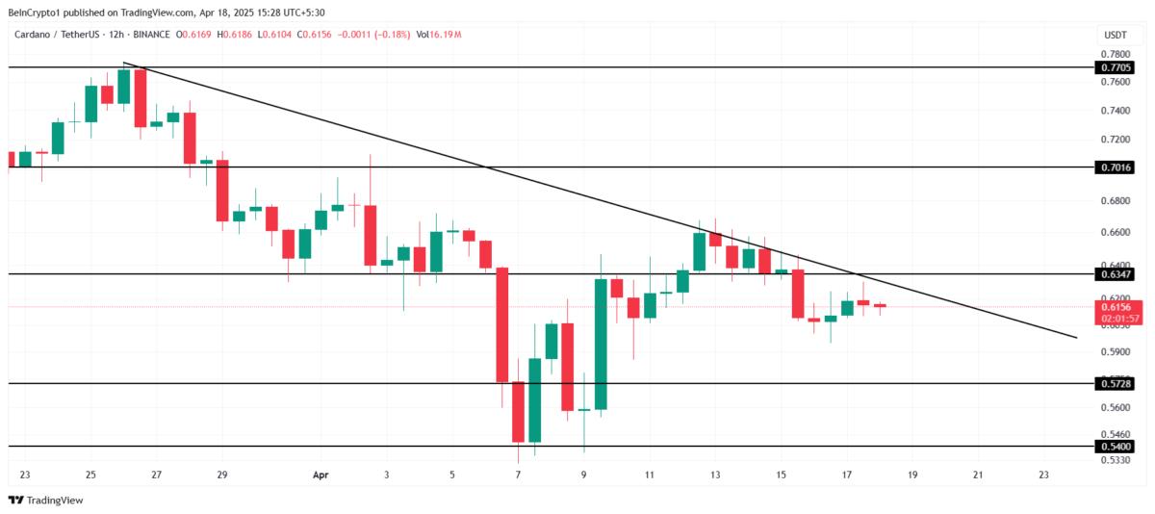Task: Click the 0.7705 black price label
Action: click(x=1115, y=67)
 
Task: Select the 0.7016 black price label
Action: click(x=1115, y=167)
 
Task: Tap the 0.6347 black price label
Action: click(x=1115, y=274)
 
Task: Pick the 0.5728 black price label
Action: click(x=1115, y=384)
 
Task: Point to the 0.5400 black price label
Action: click(x=1115, y=447)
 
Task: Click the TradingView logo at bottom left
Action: click(x=45, y=501)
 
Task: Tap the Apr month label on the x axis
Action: click(x=321, y=475)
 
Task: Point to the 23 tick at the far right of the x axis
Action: click(x=1044, y=475)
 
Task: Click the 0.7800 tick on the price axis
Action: click(x=1115, y=54)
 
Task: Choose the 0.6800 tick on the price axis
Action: click(x=1115, y=201)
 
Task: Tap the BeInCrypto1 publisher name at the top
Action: click(x=41, y=11)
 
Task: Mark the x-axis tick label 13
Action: click(x=715, y=475)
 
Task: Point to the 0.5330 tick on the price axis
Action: click(x=1115, y=460)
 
